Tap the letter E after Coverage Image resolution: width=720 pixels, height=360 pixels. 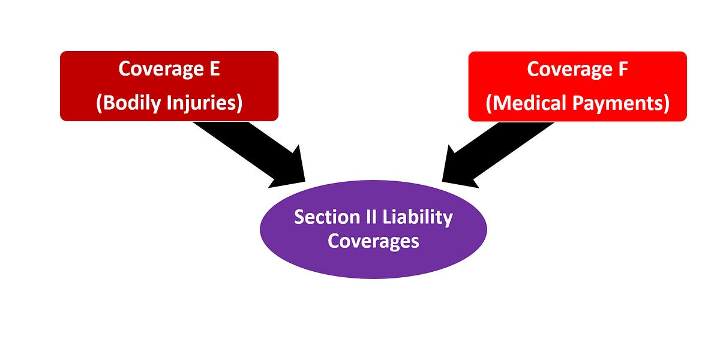pos(214,69)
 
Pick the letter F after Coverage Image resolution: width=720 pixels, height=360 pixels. pos(622,69)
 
